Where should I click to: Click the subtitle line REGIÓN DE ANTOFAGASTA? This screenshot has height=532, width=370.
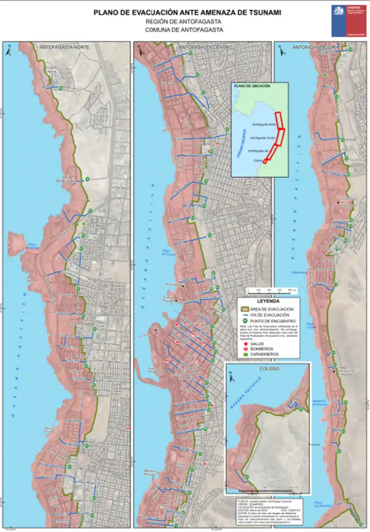[x=183, y=22]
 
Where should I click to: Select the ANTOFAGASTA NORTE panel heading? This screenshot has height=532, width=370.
[x=65, y=47]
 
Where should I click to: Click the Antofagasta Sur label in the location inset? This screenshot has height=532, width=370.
[x=259, y=151]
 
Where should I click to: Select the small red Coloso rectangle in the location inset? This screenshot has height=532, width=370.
[x=265, y=160]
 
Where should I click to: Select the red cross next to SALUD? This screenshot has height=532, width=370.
[x=244, y=344]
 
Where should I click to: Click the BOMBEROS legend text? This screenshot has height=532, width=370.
[x=262, y=349]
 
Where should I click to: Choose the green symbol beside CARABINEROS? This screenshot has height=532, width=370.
[x=244, y=355]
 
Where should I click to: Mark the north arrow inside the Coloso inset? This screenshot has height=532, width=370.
[x=232, y=378]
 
